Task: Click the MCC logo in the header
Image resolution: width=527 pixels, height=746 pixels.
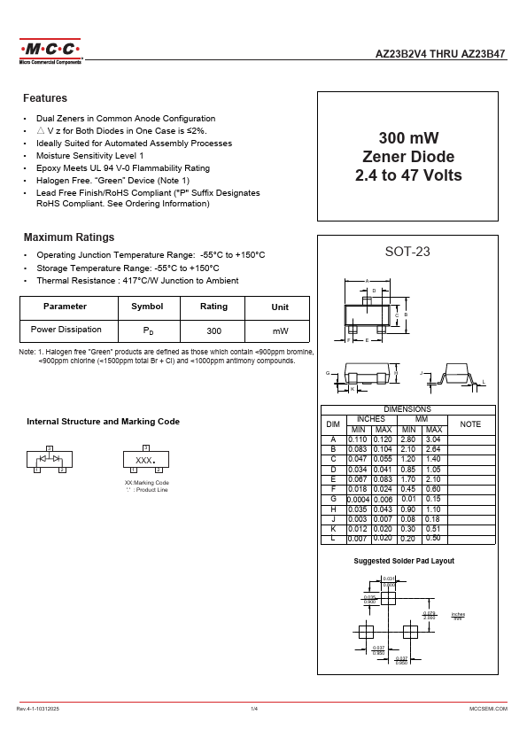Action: [x=50, y=50]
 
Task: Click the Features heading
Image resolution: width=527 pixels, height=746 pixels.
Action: [x=45, y=98]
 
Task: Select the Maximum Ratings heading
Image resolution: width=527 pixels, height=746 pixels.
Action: [x=68, y=237]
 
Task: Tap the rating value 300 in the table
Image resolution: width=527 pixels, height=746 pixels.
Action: [x=213, y=330]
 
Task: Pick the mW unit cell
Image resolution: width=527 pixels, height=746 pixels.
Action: [x=280, y=330]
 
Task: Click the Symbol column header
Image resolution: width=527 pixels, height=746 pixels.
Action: [x=147, y=307]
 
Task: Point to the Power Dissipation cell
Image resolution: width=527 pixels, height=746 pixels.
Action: [x=66, y=330]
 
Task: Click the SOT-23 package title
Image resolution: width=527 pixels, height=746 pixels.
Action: [x=407, y=252]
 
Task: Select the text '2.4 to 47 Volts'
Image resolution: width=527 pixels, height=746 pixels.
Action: [x=408, y=175]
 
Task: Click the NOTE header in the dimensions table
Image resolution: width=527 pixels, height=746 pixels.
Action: [x=471, y=424]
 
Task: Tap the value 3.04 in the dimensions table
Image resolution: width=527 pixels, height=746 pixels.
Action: [x=433, y=439]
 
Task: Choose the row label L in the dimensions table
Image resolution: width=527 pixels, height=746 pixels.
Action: [x=333, y=538]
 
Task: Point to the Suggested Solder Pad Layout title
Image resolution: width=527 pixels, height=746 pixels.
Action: [x=404, y=562]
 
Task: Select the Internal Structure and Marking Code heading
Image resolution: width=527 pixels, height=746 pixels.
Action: [x=103, y=422]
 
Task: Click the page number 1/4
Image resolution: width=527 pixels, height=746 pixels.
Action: [x=254, y=710]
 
